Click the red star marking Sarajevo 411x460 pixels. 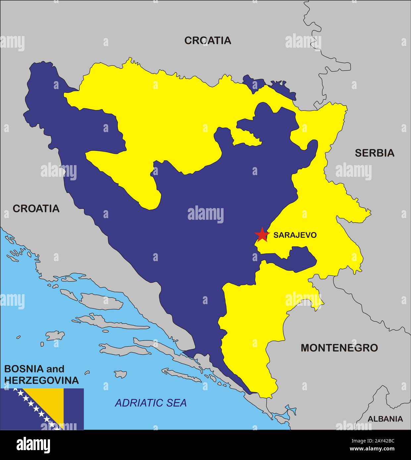[x=262, y=234]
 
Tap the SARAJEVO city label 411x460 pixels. [x=295, y=235]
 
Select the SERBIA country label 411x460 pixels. [x=375, y=153]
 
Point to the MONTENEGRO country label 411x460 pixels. [x=339, y=348]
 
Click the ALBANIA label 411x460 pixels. [x=385, y=419]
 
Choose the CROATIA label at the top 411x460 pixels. [x=208, y=40]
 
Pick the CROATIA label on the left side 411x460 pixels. [x=36, y=208]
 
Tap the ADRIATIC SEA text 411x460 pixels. [x=151, y=403]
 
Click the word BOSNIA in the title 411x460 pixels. [x=23, y=369]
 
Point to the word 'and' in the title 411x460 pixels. [x=55, y=369]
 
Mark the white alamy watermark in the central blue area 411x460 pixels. [x=205, y=214]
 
